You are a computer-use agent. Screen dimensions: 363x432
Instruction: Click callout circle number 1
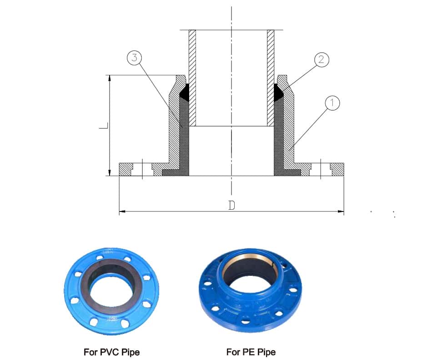click(x=332, y=103)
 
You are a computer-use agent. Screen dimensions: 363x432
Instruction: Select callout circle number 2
click(x=321, y=60)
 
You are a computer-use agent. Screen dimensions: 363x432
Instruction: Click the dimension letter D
click(x=231, y=206)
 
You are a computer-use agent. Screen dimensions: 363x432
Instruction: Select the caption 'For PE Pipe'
click(x=251, y=352)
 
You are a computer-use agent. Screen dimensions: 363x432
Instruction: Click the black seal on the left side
click(x=184, y=93)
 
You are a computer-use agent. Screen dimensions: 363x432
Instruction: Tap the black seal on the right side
click(x=278, y=93)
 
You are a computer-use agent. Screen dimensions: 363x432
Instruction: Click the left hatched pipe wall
click(x=192, y=77)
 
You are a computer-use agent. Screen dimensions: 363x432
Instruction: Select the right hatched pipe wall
click(x=271, y=77)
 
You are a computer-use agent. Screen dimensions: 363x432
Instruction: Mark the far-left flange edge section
click(x=125, y=169)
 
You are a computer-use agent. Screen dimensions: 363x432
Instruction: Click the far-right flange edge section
click(x=337, y=169)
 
